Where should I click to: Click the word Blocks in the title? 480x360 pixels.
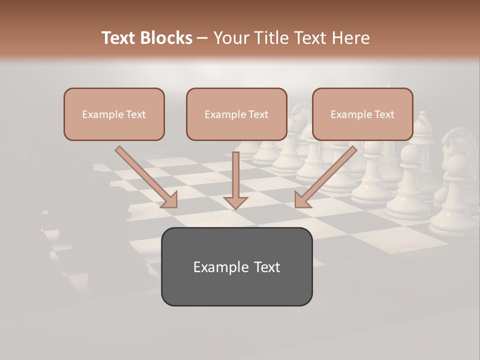(x=166, y=38)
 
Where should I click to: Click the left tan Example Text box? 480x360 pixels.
(x=114, y=114)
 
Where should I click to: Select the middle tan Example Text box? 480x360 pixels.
(x=236, y=114)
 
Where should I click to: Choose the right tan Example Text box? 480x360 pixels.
(x=362, y=114)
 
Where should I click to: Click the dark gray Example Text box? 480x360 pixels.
(x=236, y=267)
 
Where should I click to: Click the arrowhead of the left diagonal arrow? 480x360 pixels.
(x=170, y=200)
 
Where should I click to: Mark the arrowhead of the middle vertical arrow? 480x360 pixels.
(x=235, y=202)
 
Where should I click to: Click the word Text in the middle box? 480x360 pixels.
(x=258, y=114)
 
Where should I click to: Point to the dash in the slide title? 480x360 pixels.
(x=202, y=38)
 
